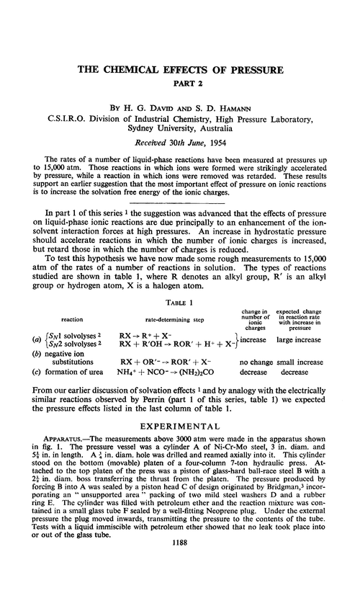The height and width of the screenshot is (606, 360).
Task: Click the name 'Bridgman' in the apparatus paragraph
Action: pos(274,508)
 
